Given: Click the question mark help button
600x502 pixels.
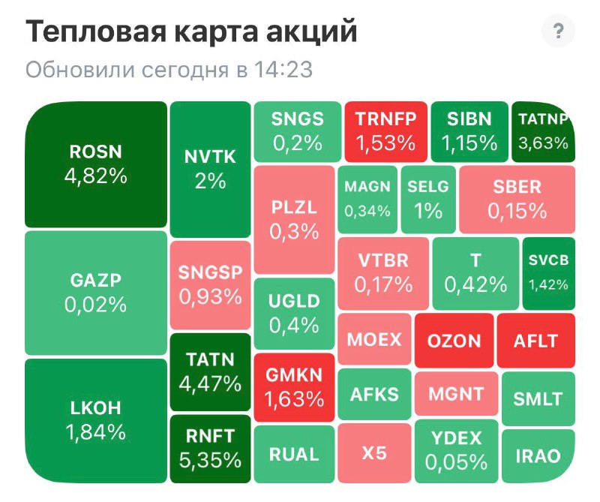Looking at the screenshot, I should (x=557, y=32).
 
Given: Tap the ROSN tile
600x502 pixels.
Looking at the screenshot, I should (x=95, y=164).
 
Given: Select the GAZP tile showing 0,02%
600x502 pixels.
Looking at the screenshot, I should (x=95, y=292).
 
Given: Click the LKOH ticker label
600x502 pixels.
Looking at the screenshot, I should (x=95, y=409).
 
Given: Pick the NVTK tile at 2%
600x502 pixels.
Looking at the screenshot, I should (x=210, y=168).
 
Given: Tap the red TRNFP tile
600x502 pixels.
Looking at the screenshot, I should (x=385, y=131).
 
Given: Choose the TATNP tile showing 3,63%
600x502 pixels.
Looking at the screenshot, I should (x=544, y=131).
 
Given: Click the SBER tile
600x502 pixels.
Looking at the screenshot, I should (x=517, y=200).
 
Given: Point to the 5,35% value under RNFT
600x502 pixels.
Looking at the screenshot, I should (x=210, y=459).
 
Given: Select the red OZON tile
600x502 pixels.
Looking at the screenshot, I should (x=454, y=340).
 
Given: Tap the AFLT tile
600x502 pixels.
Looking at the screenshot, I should (x=535, y=340).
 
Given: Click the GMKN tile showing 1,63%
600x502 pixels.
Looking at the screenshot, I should (x=293, y=386).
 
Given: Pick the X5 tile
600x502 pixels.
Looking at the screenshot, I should (x=374, y=453).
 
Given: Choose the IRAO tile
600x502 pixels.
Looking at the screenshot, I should (x=538, y=456).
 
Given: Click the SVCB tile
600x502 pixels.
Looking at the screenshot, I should (x=548, y=272).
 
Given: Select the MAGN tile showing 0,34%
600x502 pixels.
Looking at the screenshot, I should (x=367, y=200).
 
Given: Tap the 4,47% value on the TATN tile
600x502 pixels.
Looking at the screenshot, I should (x=210, y=384).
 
